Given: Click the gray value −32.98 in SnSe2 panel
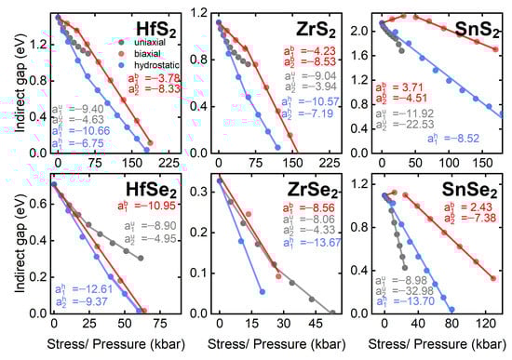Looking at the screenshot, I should coord(412,290).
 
